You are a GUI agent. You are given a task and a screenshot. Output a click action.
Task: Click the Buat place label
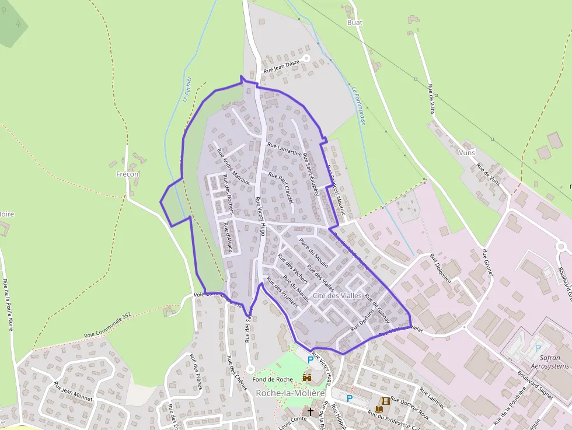click(354, 23)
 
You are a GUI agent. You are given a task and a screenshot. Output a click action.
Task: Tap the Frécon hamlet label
click(128, 174)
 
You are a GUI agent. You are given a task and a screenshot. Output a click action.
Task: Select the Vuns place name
click(467, 152)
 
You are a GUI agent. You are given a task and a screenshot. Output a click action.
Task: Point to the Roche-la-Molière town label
click(290, 393)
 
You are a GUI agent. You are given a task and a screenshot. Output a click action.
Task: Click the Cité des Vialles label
click(337, 296)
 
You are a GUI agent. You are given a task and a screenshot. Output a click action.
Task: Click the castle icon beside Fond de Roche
click(307, 378)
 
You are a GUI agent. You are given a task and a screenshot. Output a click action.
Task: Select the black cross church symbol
click(311, 412)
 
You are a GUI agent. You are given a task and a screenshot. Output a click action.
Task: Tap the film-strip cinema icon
click(385, 401)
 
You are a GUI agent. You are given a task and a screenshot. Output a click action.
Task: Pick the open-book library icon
click(379, 410)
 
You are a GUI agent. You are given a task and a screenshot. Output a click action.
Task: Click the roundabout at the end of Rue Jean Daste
click(306, 58)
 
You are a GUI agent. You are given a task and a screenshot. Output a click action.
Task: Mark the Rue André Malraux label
click(233, 166)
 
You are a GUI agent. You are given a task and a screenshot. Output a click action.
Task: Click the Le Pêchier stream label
click(187, 90)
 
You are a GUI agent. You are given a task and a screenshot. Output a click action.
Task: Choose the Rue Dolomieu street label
click(441, 268)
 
